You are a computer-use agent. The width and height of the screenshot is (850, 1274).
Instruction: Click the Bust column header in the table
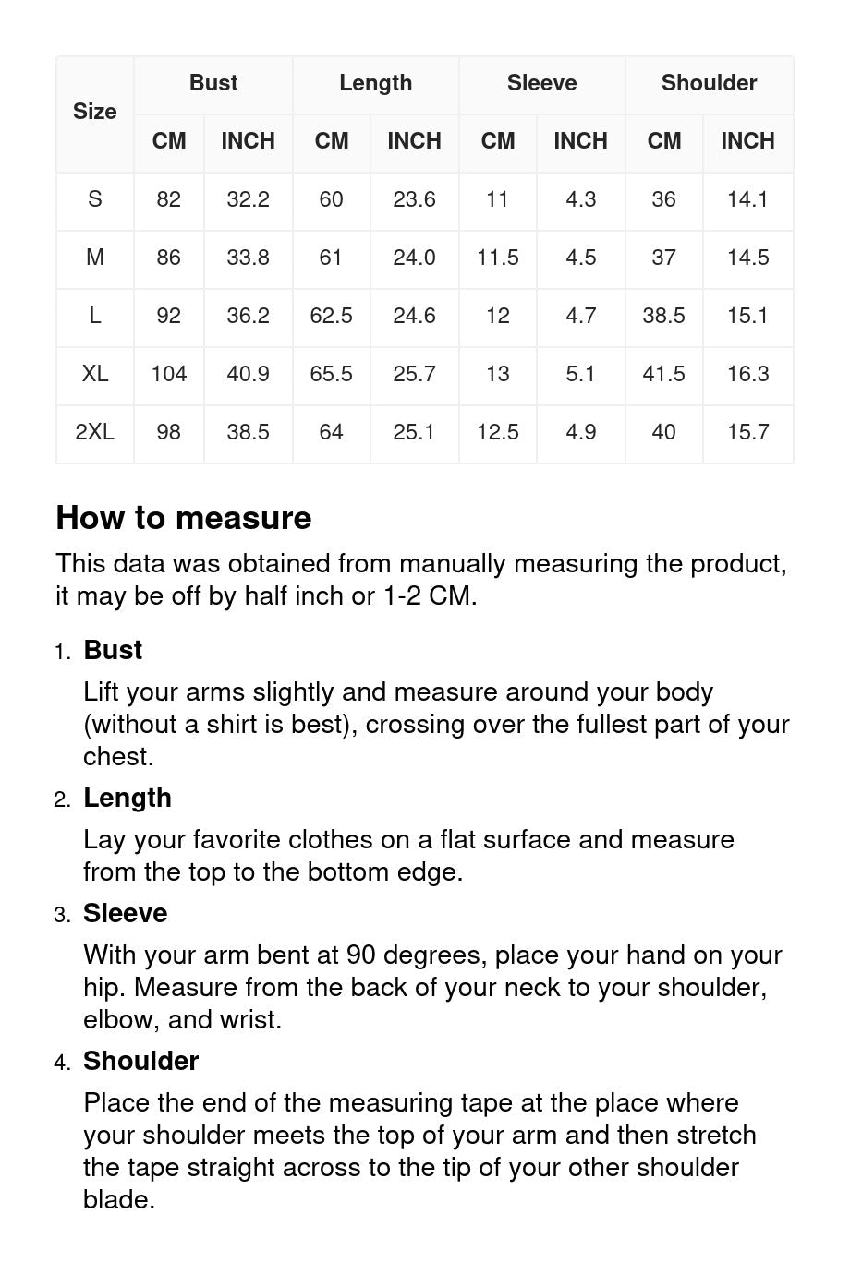pyautogui.click(x=213, y=83)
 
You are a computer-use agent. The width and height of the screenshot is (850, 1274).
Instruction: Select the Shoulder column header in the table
pyautogui.click(x=709, y=83)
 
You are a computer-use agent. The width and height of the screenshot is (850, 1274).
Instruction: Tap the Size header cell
pyautogui.click(x=94, y=112)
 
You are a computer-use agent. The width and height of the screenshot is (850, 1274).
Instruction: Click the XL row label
pyautogui.click(x=94, y=374)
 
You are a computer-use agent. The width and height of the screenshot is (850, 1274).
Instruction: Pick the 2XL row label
pyautogui.click(x=94, y=432)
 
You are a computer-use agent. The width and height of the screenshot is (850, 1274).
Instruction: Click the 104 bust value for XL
pyautogui.click(x=168, y=374)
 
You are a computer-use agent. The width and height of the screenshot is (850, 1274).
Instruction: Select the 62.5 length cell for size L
pyautogui.click(x=331, y=316)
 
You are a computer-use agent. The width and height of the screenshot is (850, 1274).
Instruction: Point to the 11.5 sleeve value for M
pyautogui.click(x=497, y=258)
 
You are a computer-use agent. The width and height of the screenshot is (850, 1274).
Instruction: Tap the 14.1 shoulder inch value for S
pyautogui.click(x=747, y=199)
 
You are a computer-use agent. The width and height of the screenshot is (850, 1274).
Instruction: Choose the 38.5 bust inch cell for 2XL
pyautogui.click(x=248, y=432)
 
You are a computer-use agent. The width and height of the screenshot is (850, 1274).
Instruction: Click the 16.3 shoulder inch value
pyautogui.click(x=747, y=374)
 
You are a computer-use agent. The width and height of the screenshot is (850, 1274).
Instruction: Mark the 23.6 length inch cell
pyautogui.click(x=414, y=199)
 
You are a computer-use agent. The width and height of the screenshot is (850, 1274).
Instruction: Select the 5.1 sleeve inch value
pyautogui.click(x=580, y=374)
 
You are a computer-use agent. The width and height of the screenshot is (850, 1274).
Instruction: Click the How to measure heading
pyautogui.click(x=184, y=518)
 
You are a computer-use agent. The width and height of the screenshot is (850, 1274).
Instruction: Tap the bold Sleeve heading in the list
pyautogui.click(x=126, y=913)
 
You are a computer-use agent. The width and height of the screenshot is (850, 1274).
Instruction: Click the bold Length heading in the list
pyautogui.click(x=127, y=798)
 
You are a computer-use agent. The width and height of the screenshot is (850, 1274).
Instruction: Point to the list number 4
pyautogui.click(x=61, y=1063)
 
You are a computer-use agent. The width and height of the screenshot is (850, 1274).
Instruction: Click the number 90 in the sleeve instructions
pyautogui.click(x=360, y=955)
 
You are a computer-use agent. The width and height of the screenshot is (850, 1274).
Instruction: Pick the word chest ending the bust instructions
pyautogui.click(x=116, y=756)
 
